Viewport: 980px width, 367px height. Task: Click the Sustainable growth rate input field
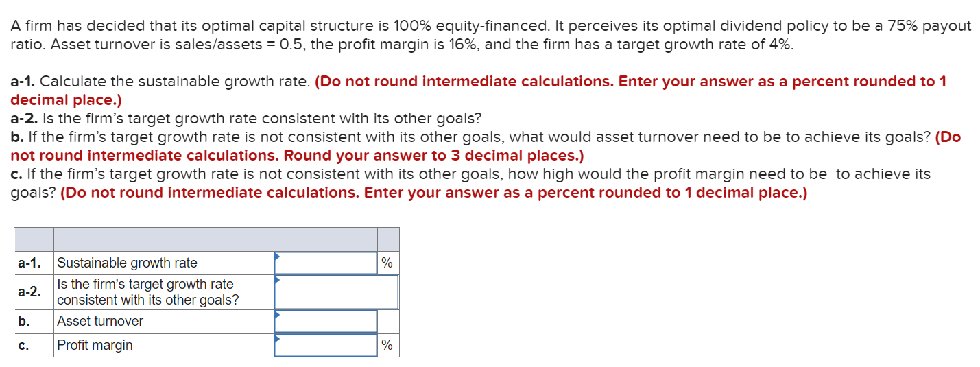coord(326,263)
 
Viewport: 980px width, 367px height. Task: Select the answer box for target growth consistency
coord(336,292)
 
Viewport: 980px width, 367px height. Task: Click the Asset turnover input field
coord(326,321)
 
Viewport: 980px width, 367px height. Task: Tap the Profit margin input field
coord(326,345)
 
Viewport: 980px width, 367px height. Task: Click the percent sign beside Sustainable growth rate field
coord(387,263)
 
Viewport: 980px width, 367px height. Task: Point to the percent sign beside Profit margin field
coord(387,345)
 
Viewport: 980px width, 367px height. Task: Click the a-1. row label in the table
coord(29,263)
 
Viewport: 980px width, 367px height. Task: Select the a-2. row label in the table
coord(29,292)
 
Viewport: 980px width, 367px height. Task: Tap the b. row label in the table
coord(23,321)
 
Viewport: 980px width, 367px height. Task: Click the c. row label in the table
coord(23,345)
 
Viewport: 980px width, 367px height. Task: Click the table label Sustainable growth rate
coord(127,263)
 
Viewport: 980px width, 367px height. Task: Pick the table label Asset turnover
coord(100,321)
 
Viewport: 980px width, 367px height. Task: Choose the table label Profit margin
coord(95,345)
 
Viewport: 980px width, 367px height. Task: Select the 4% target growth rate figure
coord(779,45)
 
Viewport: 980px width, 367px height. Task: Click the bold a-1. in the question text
coord(23,82)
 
